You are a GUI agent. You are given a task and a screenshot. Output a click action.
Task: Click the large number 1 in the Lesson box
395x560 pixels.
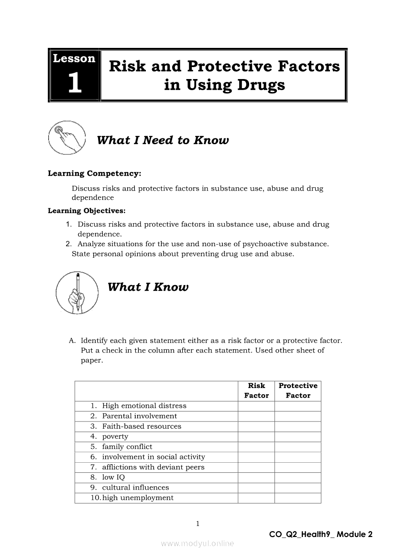pyautogui.click(x=75, y=83)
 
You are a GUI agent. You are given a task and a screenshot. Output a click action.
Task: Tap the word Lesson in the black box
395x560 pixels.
pyautogui.click(x=74, y=58)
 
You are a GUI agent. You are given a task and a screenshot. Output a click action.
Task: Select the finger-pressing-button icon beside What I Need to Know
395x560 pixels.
pyautogui.click(x=66, y=137)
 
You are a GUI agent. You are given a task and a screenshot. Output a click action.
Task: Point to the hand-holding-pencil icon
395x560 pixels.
pyautogui.click(x=77, y=292)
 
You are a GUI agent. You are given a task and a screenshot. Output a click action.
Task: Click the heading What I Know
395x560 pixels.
pyautogui.click(x=148, y=287)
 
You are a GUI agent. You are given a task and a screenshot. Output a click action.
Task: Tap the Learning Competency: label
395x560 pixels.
pyautogui.click(x=94, y=173)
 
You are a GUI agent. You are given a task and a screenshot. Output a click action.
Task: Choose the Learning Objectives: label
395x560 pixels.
pyautogui.click(x=87, y=211)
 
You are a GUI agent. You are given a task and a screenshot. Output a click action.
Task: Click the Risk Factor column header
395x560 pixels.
pyautogui.click(x=256, y=390)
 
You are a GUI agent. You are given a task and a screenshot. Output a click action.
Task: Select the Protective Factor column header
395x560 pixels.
pyautogui.click(x=298, y=390)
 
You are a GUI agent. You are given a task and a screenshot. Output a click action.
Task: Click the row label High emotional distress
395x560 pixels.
pyautogui.click(x=144, y=406)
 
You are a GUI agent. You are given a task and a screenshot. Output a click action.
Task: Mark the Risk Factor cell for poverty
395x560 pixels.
pyautogui.click(x=256, y=436)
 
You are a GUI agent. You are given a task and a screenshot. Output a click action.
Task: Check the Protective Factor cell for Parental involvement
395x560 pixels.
pyautogui.click(x=298, y=416)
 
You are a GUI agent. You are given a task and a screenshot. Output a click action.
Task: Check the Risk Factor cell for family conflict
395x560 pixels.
pyautogui.click(x=256, y=447)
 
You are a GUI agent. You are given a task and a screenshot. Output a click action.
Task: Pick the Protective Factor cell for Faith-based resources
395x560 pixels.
pyautogui.click(x=298, y=426)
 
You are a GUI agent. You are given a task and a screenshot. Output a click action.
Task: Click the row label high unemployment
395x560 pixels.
pyautogui.click(x=138, y=498)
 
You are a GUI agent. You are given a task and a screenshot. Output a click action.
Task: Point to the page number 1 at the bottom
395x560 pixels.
pyautogui.click(x=197, y=524)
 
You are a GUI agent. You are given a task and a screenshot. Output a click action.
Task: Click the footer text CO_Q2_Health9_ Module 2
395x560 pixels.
pyautogui.click(x=320, y=534)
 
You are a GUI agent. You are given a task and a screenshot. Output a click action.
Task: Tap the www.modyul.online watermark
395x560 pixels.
pyautogui.click(x=197, y=543)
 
